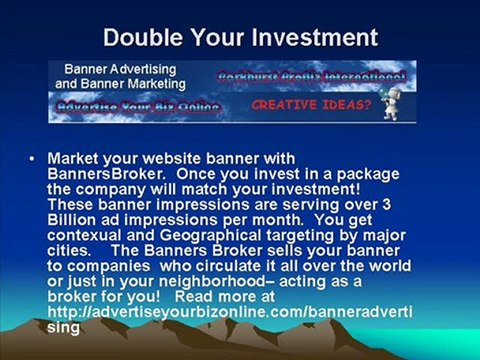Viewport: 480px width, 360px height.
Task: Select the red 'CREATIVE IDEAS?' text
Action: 307,103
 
